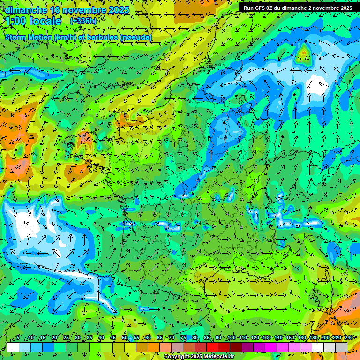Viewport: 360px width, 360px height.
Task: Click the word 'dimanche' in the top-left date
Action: point(26,10)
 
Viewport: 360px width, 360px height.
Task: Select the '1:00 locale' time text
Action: point(34,21)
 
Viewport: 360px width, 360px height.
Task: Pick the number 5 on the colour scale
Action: point(18,337)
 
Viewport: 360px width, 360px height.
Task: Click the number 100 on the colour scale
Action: point(231,337)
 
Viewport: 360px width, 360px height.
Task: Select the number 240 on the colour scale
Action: point(349,337)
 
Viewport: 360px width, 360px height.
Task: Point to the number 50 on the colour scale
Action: point(125,337)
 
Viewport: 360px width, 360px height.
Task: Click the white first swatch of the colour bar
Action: point(13,347)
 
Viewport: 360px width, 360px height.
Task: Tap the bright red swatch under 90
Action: point(212,347)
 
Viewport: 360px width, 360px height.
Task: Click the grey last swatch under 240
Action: point(341,347)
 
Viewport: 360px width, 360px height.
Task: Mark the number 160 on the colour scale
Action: point(302,337)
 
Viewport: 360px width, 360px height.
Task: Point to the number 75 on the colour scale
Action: point(183,337)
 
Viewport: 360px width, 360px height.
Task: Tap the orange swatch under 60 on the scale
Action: point(142,347)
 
